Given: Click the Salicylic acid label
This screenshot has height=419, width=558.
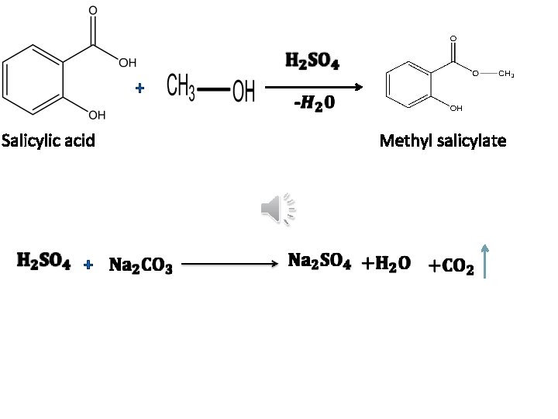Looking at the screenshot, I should (x=48, y=140).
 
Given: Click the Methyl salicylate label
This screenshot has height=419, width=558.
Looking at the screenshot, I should (x=443, y=140).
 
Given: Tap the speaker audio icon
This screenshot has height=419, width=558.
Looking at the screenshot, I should (x=278, y=209).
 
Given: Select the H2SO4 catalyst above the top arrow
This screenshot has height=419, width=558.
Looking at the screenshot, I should (x=312, y=61).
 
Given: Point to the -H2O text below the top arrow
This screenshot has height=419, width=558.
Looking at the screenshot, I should (x=314, y=104).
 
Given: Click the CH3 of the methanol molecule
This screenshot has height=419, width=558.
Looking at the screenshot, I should (x=181, y=88).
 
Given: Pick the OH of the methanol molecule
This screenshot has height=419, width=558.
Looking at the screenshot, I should (x=243, y=92).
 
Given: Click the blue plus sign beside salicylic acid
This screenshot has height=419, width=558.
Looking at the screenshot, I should (x=139, y=89).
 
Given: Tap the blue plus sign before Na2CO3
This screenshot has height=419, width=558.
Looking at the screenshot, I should (x=88, y=265).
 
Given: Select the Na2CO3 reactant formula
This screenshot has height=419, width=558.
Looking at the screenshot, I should (x=140, y=266).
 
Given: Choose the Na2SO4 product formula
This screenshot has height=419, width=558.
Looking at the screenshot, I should (x=319, y=261).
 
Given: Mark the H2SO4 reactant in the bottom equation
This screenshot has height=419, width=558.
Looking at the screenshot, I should (x=44, y=262).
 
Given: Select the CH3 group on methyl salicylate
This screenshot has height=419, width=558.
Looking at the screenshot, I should (x=505, y=74).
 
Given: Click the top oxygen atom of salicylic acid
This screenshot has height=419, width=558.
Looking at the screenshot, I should (x=94, y=11).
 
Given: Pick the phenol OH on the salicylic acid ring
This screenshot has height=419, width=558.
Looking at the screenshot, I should (x=97, y=116).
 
